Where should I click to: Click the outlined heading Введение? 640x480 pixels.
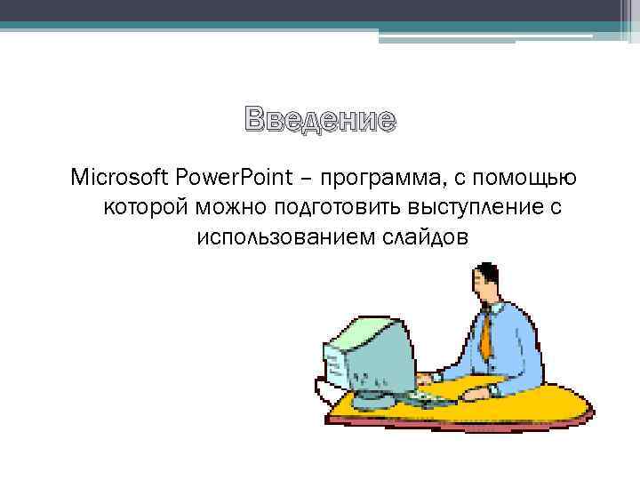pyautogui.click(x=320, y=120)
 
